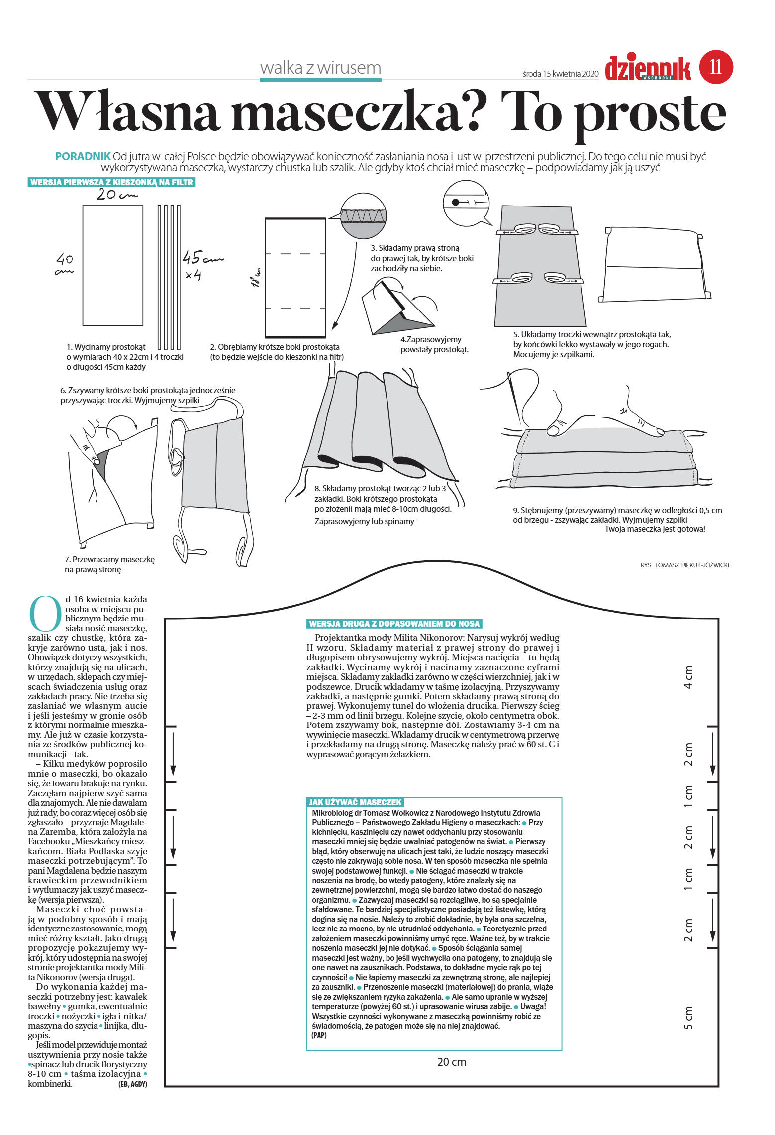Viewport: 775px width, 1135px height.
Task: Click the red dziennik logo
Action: (648, 69)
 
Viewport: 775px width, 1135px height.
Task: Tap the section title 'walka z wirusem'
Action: (320, 68)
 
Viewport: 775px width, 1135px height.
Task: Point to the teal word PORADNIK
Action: (83, 156)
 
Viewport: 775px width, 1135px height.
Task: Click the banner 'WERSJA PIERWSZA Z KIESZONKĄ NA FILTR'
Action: (111, 182)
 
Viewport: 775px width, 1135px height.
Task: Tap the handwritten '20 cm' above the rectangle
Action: (115, 195)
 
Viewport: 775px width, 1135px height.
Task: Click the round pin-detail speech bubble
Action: (466, 203)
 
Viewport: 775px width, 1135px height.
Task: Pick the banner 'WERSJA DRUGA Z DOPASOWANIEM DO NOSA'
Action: (394, 624)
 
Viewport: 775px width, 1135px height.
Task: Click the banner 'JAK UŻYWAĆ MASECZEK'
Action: (355, 802)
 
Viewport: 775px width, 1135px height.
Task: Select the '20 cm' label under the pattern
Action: (451, 1062)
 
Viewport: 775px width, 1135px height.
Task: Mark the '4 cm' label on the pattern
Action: (688, 677)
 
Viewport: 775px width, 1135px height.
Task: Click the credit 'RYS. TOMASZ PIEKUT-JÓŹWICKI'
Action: (684, 565)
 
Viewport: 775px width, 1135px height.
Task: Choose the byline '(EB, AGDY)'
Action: (132, 1084)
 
